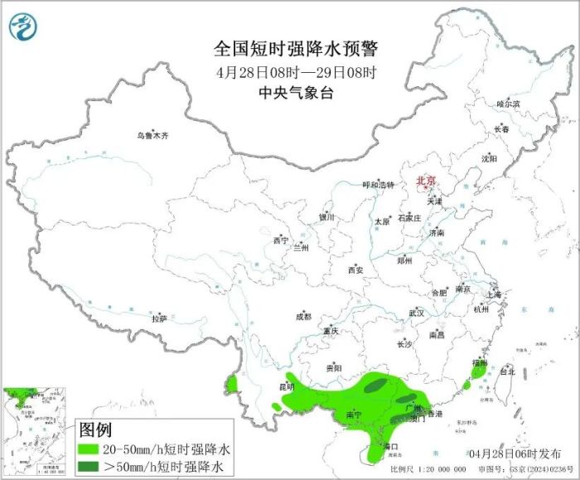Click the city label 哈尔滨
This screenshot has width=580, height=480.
click(x=508, y=104)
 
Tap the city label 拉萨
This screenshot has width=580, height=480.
click(x=159, y=318)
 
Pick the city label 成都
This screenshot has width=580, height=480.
click(x=303, y=316)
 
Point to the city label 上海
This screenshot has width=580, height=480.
click(x=495, y=294)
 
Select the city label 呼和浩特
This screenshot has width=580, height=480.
click(x=379, y=185)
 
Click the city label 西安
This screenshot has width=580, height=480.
click(x=355, y=270)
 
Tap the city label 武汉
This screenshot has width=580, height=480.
click(x=416, y=313)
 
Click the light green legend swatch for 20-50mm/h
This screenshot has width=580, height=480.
click(x=95, y=448)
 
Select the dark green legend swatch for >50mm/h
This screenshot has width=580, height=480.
click(x=95, y=467)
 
